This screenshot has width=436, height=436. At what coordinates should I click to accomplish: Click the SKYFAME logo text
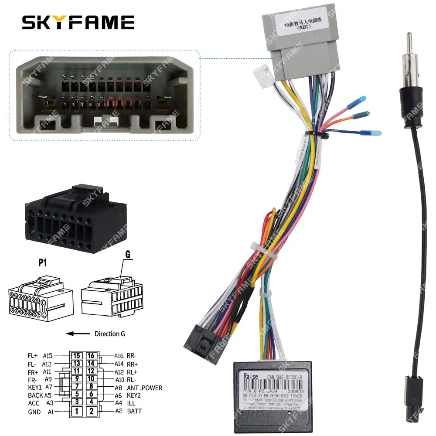[78, 22]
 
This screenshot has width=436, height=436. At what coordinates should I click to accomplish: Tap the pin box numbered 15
[77, 356]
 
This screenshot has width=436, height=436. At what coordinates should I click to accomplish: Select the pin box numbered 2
[91, 411]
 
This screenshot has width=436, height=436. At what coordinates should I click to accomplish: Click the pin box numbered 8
[91, 387]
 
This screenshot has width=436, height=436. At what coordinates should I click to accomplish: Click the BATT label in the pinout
[135, 411]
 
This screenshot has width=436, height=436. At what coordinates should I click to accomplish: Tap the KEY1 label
[34, 387]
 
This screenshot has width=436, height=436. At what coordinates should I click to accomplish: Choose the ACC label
[34, 403]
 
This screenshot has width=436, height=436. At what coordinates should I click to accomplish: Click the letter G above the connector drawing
[128, 255]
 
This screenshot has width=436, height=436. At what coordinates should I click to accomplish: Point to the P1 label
[42, 262]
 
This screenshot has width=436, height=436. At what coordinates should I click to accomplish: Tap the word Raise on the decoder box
[251, 376]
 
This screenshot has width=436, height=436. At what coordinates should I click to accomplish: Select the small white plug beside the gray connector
[262, 72]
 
